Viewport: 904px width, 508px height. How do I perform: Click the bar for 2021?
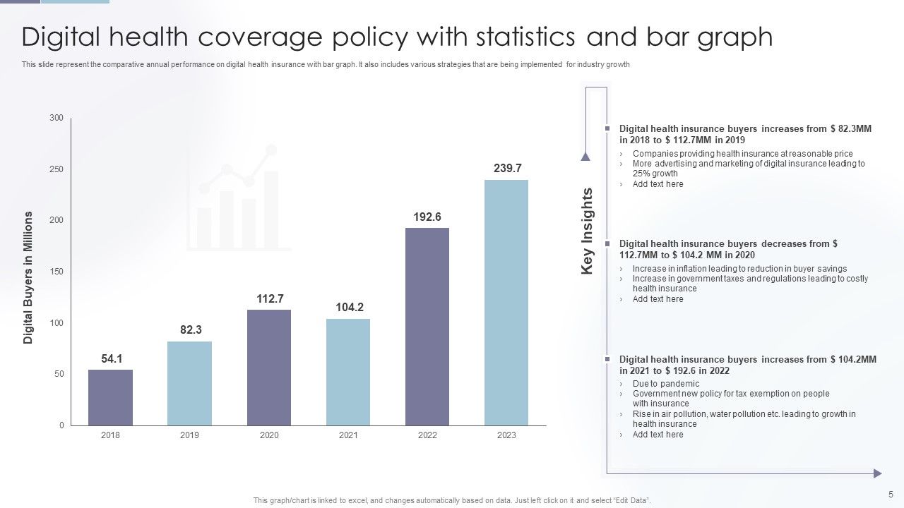(x=348, y=372)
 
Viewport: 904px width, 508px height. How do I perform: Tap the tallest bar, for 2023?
(x=506, y=303)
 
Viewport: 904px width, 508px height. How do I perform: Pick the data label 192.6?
(x=427, y=217)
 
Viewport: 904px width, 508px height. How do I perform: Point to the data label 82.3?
(x=190, y=329)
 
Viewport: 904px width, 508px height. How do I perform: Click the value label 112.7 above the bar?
(x=269, y=298)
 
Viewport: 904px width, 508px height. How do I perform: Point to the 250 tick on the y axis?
(x=56, y=169)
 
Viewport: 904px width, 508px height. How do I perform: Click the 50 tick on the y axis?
(x=59, y=374)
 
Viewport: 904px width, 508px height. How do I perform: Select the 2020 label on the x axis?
(x=269, y=435)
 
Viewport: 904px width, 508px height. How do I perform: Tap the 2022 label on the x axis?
(x=427, y=435)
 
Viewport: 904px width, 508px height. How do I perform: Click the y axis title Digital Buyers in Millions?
(x=29, y=277)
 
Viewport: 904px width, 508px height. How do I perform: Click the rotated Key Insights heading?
(x=588, y=231)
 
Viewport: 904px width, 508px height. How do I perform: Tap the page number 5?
(x=891, y=494)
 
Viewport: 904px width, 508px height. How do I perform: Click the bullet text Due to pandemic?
(x=656, y=384)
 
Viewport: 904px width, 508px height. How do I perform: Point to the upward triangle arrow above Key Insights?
(x=585, y=157)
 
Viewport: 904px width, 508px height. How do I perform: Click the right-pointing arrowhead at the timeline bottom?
(x=878, y=473)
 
